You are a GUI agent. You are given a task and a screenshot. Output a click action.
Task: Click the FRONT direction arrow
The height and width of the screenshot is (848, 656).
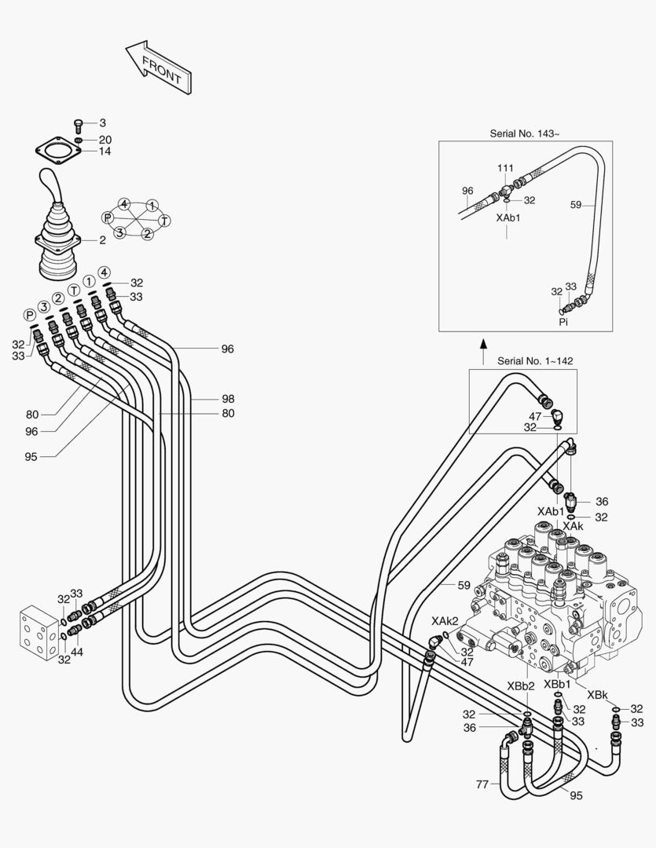pyautogui.click(x=159, y=69)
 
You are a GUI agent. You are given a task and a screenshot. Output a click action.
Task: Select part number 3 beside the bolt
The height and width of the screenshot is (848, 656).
pyautogui.click(x=102, y=123)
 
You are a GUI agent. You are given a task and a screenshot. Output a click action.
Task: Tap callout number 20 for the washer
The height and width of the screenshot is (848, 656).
pyautogui.click(x=104, y=140)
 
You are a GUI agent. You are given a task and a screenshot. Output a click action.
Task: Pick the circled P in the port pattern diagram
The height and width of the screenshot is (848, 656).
pyautogui.click(x=108, y=217)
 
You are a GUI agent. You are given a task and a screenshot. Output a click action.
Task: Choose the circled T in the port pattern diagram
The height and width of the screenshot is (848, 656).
pyautogui.click(x=164, y=221)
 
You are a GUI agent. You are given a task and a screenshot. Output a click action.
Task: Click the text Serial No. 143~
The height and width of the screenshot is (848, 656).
pyautogui.click(x=525, y=133)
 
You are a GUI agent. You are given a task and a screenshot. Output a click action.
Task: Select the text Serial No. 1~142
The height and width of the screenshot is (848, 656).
pyautogui.click(x=535, y=361)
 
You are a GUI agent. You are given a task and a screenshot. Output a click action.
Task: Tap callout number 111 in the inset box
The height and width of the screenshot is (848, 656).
pyautogui.click(x=505, y=169)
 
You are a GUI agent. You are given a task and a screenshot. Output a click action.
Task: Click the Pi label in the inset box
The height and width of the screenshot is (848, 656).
pyautogui.click(x=563, y=322)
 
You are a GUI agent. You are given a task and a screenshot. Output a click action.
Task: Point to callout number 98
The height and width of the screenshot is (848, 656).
pyautogui.click(x=227, y=399)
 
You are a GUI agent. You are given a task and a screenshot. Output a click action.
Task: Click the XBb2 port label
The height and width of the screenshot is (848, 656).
pyautogui.click(x=520, y=685)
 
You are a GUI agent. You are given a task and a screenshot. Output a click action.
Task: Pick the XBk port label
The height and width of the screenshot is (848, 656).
pyautogui.click(x=597, y=696)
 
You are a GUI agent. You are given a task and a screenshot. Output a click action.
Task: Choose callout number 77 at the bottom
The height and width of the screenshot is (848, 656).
pyautogui.click(x=482, y=784)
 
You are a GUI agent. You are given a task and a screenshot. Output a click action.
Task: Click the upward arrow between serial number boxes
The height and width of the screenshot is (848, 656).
pyautogui.click(x=484, y=344)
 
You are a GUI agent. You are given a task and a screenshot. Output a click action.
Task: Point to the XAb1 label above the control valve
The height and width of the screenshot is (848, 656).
pyautogui.click(x=551, y=511)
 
